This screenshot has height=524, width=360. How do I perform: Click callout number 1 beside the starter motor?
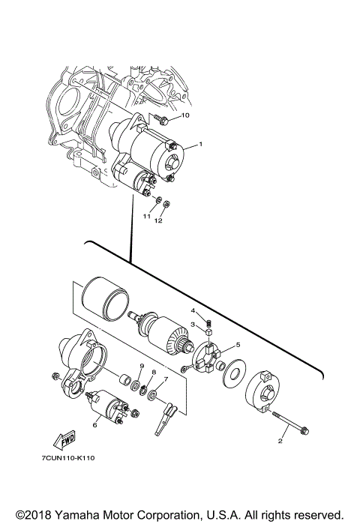point(201,145)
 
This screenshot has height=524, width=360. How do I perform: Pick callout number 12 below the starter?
point(159,221)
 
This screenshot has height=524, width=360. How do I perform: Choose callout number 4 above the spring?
point(192,310)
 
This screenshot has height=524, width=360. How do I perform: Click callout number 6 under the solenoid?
point(94,424)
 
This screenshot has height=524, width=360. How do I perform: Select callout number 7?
point(166,379)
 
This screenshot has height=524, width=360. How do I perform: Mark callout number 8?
point(153,372)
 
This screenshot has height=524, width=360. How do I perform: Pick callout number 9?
point(140,365)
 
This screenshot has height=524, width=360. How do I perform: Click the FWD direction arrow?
point(67,442)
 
